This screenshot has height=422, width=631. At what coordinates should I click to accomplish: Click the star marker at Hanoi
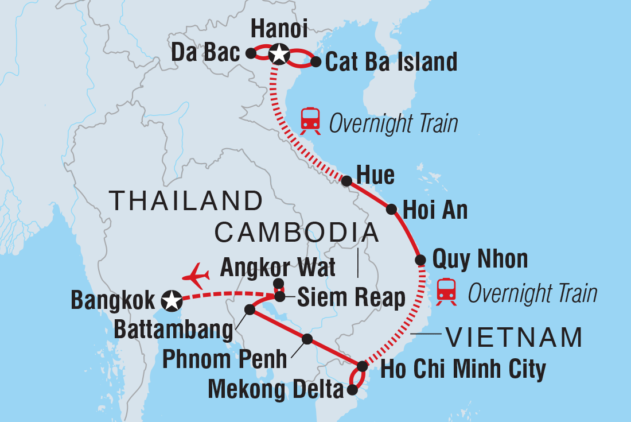278,54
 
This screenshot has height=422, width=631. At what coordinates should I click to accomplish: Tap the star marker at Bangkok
171,299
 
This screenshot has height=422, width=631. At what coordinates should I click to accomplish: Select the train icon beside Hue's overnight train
310,118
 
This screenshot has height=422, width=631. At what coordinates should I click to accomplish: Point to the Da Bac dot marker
250,53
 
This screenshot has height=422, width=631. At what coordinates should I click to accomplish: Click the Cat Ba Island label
391,62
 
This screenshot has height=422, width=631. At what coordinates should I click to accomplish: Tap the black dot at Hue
346,181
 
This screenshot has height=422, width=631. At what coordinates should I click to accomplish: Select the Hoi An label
435,211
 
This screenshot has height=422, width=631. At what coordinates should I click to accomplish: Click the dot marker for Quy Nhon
420,260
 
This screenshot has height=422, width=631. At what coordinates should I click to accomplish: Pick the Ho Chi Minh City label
463,369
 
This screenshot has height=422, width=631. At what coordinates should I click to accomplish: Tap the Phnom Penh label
225,360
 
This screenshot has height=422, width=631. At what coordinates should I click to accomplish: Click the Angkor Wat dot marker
278,283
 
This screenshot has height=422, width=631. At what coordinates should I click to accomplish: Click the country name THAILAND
186,202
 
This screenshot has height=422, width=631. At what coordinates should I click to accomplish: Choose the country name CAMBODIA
297,233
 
